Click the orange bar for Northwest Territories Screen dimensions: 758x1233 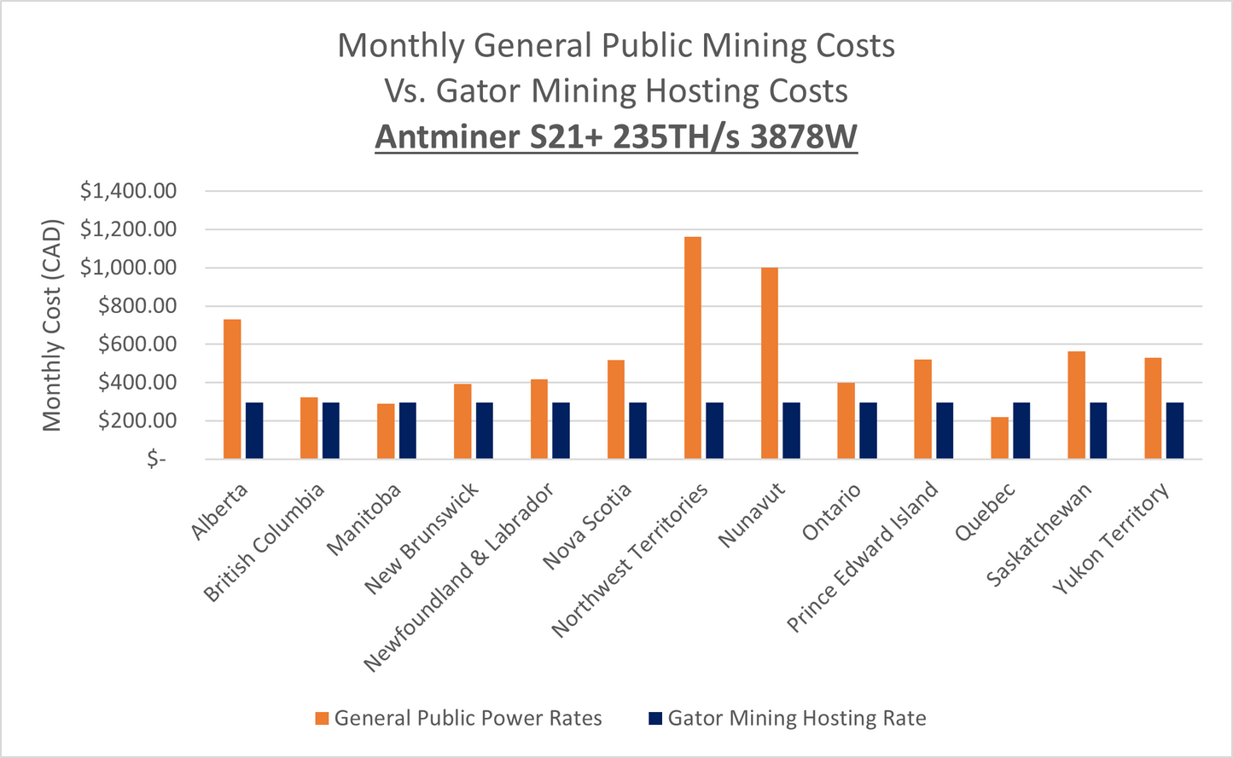click(x=692, y=348)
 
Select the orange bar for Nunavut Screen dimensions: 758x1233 click(x=769, y=363)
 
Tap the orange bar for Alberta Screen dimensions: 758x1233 click(x=232, y=389)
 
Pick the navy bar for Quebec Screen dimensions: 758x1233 click(x=1021, y=431)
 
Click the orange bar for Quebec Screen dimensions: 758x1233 click(x=999, y=438)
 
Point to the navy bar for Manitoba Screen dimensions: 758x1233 click(x=408, y=431)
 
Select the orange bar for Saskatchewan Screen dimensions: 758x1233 click(x=1076, y=405)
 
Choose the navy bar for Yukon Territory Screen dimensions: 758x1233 click(x=1175, y=431)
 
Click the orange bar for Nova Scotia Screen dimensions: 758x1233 click(x=615, y=409)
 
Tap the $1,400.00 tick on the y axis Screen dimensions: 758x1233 click(x=128, y=191)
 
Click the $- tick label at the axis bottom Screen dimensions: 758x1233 click(x=156, y=460)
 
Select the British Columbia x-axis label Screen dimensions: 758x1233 click(x=265, y=542)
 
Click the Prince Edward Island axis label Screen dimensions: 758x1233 click(x=862, y=558)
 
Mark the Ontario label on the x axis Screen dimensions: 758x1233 click(x=832, y=512)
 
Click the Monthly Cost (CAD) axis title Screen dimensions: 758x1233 click(x=52, y=325)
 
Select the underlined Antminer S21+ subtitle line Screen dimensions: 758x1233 click(x=616, y=136)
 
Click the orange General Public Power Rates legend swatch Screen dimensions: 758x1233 click(x=322, y=719)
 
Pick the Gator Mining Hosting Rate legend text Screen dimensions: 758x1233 click(x=796, y=719)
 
